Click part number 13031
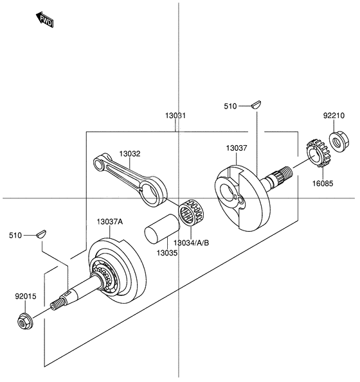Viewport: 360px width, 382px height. point(175,116)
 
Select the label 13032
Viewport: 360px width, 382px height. point(129,154)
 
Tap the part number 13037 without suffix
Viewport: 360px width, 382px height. point(236,148)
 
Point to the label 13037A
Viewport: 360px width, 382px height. point(110,221)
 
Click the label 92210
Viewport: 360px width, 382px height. point(334,116)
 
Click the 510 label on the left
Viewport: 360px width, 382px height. point(16,236)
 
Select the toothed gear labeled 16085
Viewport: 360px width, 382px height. point(316,154)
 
